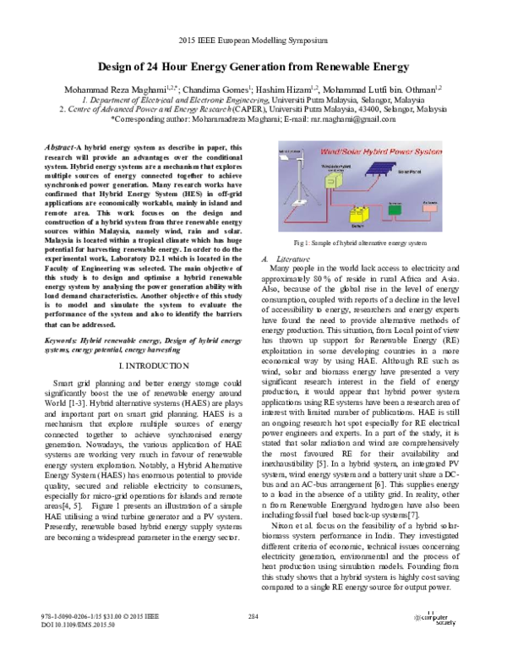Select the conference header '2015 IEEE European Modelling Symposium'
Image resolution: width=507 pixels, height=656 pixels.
pyautogui.click(x=253, y=40)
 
